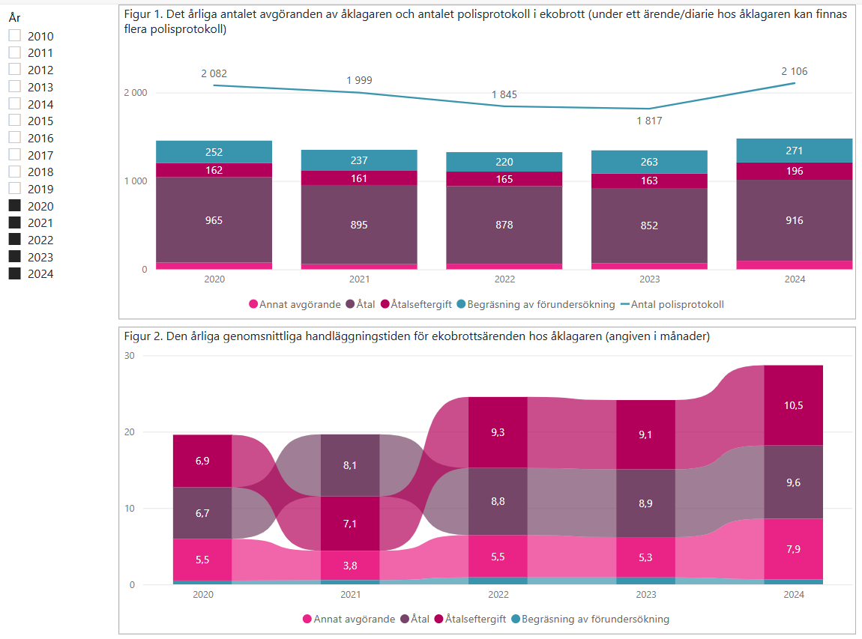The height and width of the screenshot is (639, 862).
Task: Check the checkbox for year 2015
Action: (x=14, y=121)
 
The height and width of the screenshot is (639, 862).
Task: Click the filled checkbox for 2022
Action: (x=14, y=240)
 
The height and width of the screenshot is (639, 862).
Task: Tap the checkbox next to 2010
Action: (x=14, y=36)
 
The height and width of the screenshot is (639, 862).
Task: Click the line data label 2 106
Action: (x=794, y=71)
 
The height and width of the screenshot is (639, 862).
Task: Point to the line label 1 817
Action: (x=649, y=121)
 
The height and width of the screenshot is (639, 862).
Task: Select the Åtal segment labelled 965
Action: (x=214, y=220)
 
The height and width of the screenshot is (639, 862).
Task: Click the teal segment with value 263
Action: (x=649, y=162)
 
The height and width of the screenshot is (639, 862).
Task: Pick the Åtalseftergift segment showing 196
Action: (x=795, y=171)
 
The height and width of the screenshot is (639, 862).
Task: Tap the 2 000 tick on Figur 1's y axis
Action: (x=136, y=93)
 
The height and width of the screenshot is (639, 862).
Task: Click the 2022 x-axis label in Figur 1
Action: (x=504, y=279)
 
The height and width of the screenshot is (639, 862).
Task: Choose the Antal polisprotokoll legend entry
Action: (x=669, y=305)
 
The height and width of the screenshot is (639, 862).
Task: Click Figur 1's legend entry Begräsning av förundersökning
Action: (x=536, y=305)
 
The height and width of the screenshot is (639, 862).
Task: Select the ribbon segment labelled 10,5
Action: (x=794, y=405)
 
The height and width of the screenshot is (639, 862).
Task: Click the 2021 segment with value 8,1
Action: (x=349, y=464)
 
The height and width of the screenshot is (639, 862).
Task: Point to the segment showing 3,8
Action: (x=349, y=566)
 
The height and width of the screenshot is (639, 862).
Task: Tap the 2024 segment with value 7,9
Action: (x=794, y=548)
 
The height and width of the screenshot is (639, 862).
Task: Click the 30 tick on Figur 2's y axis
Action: (x=129, y=356)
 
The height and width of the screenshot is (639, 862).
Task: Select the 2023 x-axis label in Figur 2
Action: (x=645, y=595)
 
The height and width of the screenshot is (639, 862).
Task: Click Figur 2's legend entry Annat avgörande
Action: (x=349, y=620)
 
